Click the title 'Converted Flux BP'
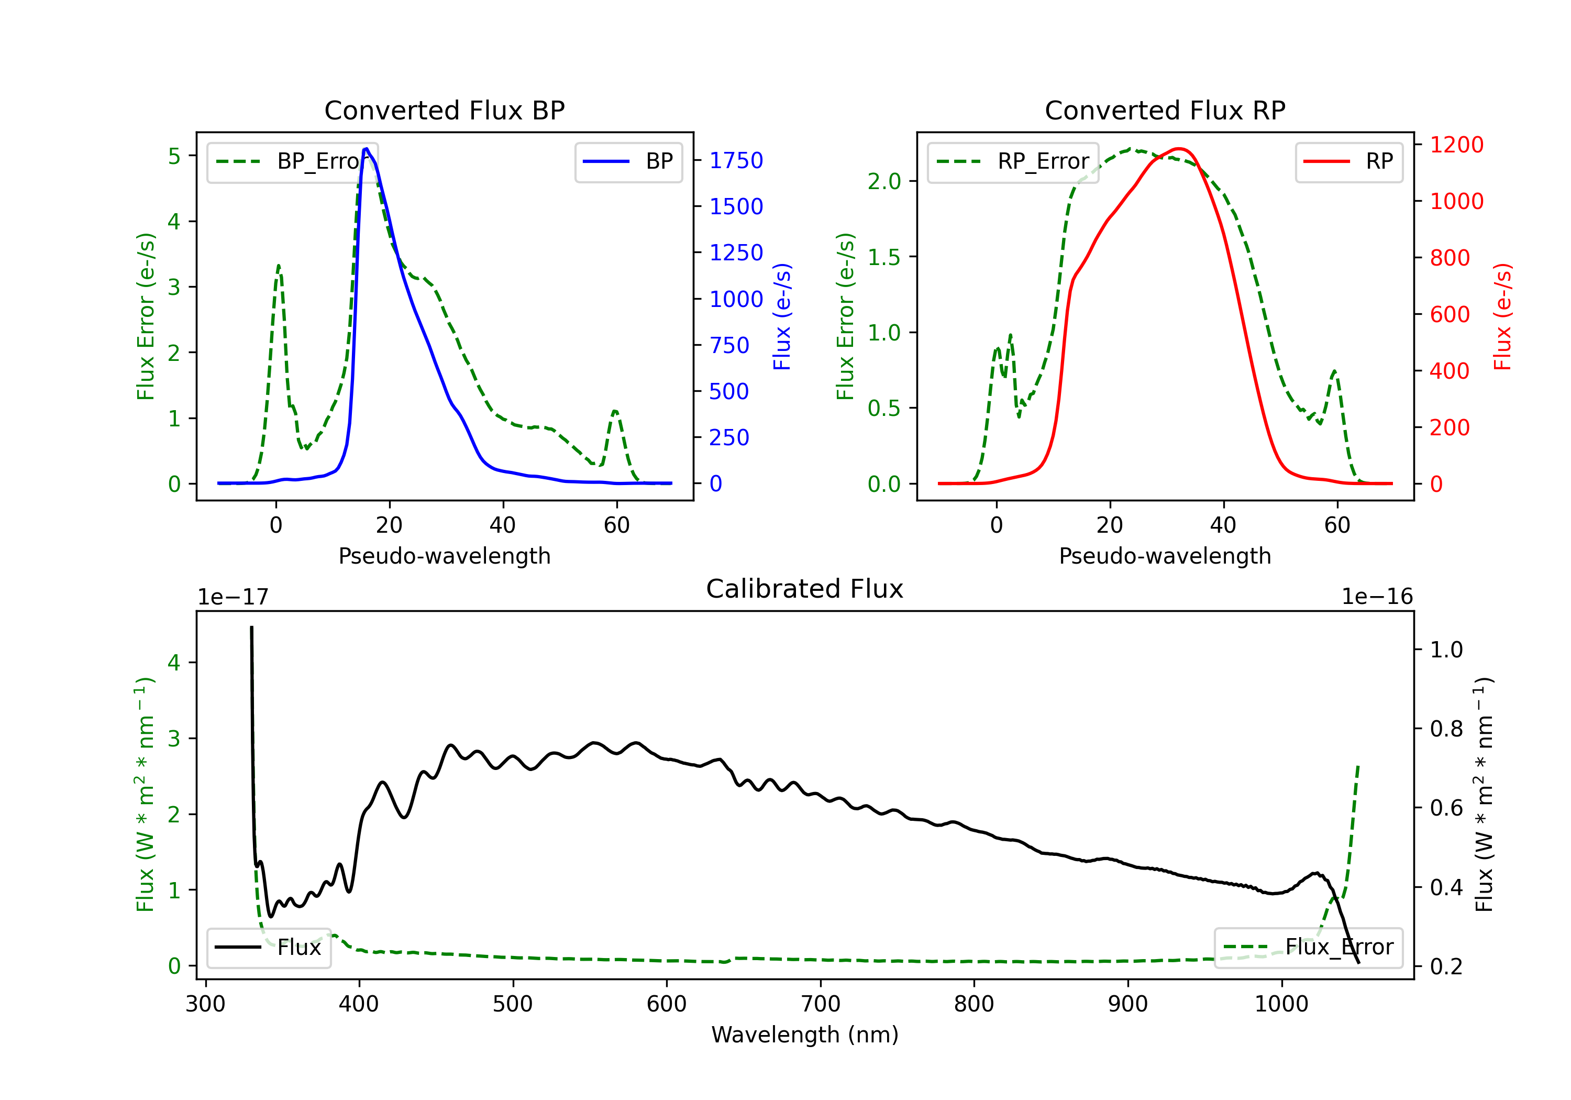pos(444,110)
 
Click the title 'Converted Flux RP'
pos(1165,110)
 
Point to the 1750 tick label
pos(736,160)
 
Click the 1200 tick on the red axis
pos(1457,145)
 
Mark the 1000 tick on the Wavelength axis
pos(1281,1004)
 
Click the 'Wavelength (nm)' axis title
pos(805,1035)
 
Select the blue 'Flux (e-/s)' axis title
pos(782,316)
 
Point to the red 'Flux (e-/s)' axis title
pos(1502,316)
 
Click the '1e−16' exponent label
pos(1377,597)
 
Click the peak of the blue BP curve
pos(367,149)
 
